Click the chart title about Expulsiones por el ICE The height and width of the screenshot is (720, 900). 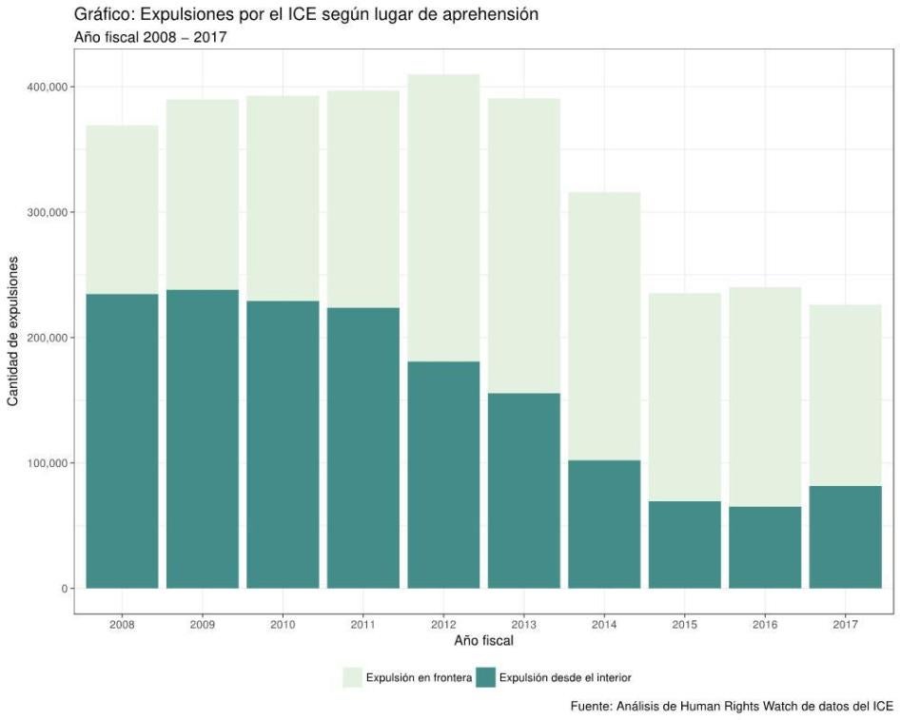tap(296, 16)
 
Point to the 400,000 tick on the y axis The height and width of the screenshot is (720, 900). tap(48, 88)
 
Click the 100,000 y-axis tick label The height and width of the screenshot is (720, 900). tap(48, 463)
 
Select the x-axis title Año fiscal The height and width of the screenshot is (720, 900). tap(484, 641)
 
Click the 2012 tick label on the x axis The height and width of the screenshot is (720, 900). tap(443, 625)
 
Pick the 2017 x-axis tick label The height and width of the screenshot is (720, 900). tap(845, 625)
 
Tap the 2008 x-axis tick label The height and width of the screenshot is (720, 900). tap(122, 625)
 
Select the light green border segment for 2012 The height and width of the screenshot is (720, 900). tap(443, 218)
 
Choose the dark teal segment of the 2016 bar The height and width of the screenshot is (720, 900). tap(765, 548)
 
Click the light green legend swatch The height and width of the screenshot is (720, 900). tap(354, 677)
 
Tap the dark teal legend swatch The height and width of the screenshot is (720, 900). tap(486, 677)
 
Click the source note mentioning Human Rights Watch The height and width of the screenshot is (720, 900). tap(732, 706)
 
